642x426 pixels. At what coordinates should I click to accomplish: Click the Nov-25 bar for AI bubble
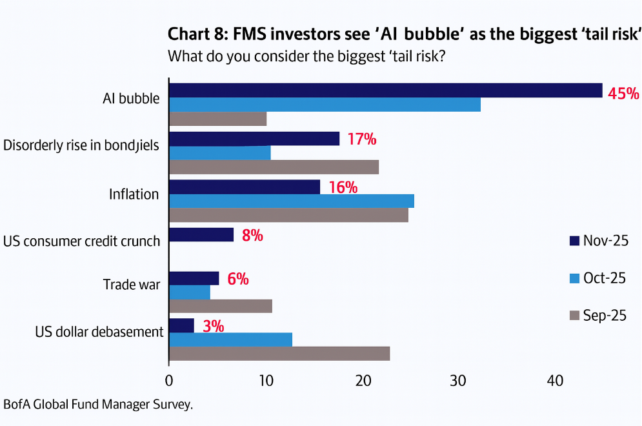(x=385, y=90)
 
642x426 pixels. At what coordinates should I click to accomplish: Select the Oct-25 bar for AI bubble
(x=325, y=105)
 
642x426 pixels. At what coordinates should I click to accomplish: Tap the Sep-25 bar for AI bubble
(x=217, y=119)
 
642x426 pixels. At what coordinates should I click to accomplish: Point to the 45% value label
(x=623, y=94)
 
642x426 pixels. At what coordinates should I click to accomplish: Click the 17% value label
(x=361, y=139)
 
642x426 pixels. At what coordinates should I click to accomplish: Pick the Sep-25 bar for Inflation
(x=288, y=215)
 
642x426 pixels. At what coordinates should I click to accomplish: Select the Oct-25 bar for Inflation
(x=291, y=201)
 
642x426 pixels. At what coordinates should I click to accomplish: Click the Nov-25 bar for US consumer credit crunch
(x=201, y=235)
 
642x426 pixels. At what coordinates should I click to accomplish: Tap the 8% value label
(x=252, y=236)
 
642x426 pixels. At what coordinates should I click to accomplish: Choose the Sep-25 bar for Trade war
(x=220, y=306)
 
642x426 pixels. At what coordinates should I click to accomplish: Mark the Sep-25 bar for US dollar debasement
(x=279, y=354)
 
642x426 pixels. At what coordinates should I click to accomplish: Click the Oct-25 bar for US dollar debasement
(x=230, y=340)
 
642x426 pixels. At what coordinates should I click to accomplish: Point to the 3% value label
(x=213, y=326)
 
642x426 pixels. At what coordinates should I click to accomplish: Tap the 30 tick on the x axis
(x=458, y=381)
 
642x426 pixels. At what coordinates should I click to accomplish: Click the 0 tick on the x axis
(x=169, y=381)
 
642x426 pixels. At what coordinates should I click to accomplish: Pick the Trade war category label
(x=132, y=284)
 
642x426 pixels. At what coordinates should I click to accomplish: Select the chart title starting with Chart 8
(x=404, y=34)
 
